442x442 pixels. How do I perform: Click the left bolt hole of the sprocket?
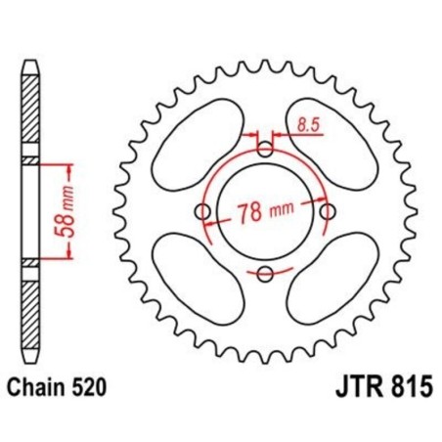tap(203, 211)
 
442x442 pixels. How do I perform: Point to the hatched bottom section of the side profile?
tap(31, 313)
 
